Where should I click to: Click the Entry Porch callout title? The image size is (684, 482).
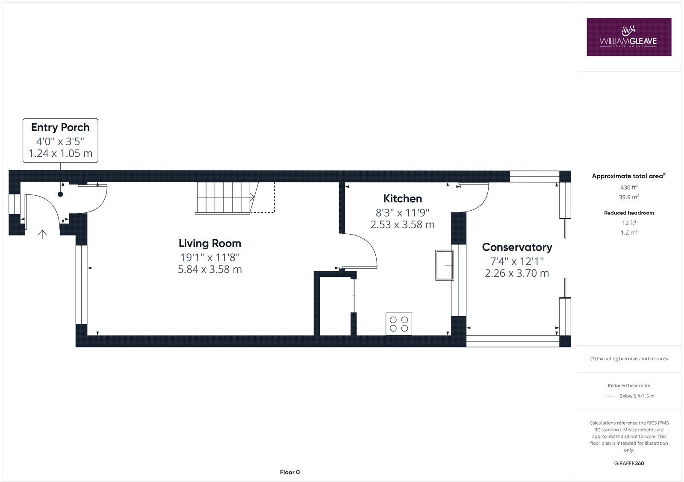click(60, 127)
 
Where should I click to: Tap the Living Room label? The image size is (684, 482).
click(210, 243)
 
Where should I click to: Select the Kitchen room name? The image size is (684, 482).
click(402, 198)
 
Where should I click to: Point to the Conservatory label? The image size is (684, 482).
click(517, 247)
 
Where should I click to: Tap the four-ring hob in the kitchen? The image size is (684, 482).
click(399, 323)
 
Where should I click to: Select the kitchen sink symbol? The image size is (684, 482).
click(444, 265)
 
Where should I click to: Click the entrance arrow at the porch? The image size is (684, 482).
click(42, 234)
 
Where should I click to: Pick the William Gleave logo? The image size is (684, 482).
click(628, 37)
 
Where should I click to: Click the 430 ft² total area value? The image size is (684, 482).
click(629, 187)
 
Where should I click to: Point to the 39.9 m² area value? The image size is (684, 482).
click(629, 197)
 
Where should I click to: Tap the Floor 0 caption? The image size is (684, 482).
click(290, 472)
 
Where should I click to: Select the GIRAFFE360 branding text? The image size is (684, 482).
click(629, 463)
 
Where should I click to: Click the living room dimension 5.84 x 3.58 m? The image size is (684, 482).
click(210, 269)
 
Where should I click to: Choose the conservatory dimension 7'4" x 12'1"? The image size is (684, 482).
click(517, 261)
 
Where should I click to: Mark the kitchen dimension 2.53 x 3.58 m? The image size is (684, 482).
click(402, 224)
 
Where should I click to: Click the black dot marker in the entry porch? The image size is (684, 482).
click(60, 194)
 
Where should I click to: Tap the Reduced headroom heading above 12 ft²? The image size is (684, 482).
click(629, 213)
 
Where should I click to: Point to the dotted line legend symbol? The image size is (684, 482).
click(609, 396)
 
